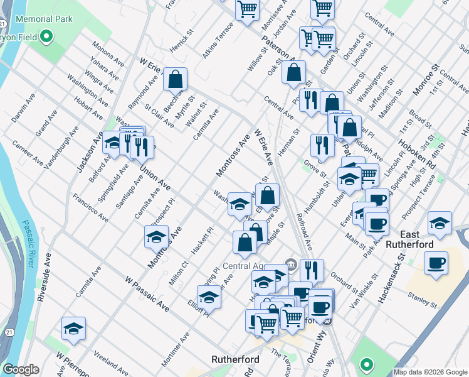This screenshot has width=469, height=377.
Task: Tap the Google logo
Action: pos(21,370)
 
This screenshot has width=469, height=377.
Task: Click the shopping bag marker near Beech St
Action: pos(176,80)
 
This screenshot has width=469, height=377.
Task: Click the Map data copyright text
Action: pos(430,372)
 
